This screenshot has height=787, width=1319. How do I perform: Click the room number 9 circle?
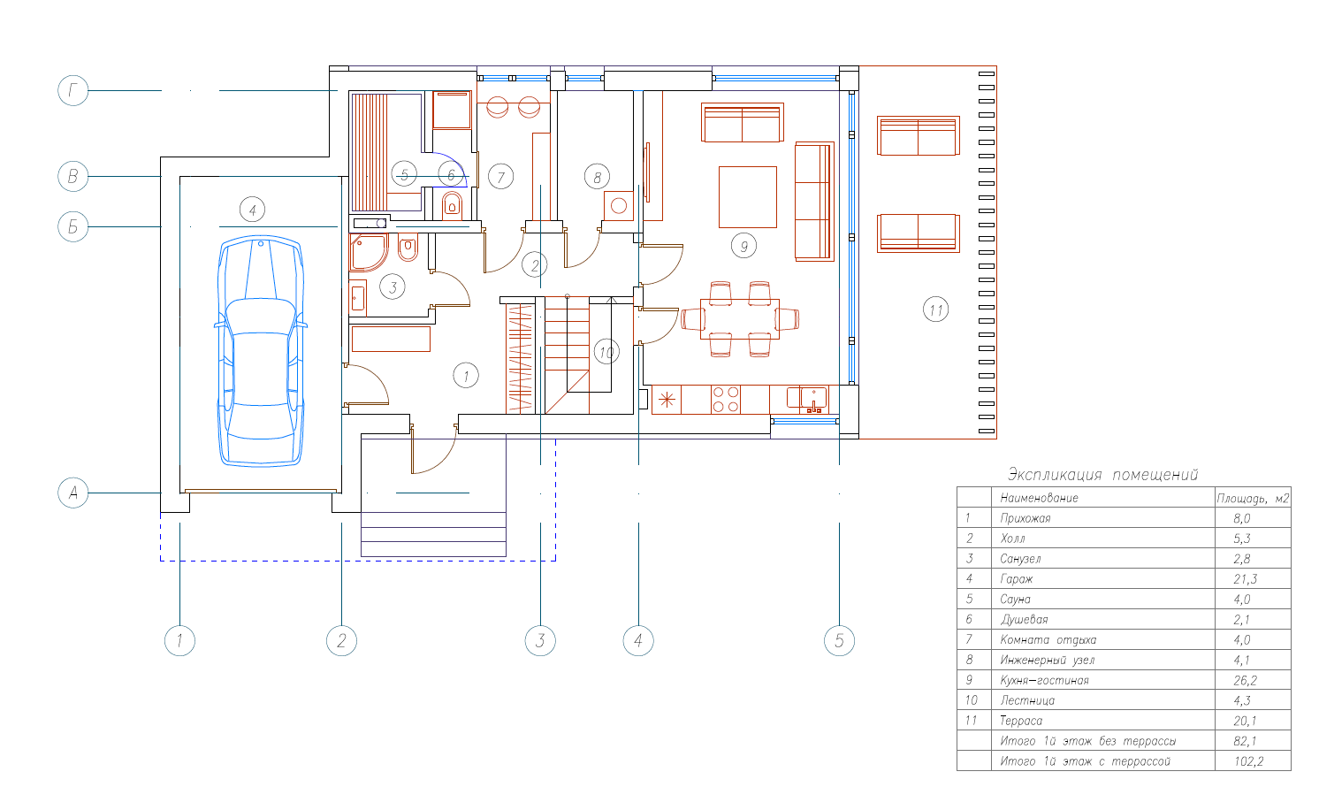[x=743, y=246]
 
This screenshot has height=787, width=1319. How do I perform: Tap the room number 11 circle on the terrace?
[x=935, y=309]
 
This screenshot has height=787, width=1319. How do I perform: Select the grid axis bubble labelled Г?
[x=73, y=90]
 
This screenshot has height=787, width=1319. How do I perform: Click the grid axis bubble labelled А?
[x=73, y=493]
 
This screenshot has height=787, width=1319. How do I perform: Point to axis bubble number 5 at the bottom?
[x=839, y=640]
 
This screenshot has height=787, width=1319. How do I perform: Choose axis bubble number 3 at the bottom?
[x=540, y=640]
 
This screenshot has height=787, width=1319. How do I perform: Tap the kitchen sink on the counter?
[x=813, y=398]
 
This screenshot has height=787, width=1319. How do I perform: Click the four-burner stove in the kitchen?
[x=726, y=400]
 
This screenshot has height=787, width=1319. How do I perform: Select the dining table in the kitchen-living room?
[x=740, y=319]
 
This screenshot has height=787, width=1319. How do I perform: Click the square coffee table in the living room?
[x=747, y=196]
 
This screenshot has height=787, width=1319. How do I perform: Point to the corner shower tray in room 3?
[x=368, y=252]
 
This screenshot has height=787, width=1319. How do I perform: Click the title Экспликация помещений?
[x=1102, y=475]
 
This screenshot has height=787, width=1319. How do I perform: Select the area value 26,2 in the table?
[x=1245, y=680]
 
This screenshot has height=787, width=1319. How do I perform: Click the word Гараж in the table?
[x=1017, y=579]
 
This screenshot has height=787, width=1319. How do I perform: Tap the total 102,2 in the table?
[x=1248, y=761]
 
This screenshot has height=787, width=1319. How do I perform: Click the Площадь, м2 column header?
[x=1253, y=498]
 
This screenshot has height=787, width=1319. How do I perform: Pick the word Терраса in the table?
[x=1021, y=721]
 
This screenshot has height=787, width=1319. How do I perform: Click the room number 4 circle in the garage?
[x=252, y=210]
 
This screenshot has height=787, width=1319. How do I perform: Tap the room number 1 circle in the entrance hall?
[x=466, y=375]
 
